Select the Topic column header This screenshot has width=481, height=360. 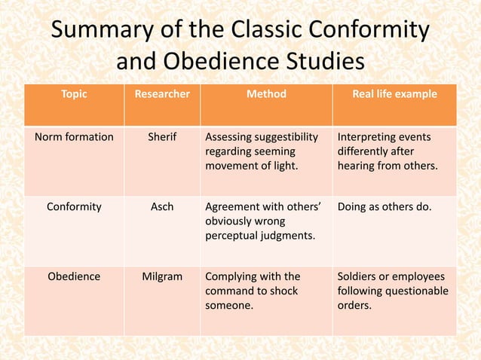point(74,94)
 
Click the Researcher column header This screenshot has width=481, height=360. point(162,94)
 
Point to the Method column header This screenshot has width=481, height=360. point(266,94)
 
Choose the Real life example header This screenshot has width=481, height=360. point(394,94)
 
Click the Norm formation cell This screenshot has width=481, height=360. point(75,137)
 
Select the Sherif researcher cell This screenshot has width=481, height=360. point(162,137)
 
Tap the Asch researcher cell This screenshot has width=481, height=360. point(162,207)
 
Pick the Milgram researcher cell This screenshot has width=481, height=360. point(162,276)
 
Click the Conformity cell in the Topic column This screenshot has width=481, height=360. point(75,207)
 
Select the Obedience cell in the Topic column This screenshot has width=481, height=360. point(74,276)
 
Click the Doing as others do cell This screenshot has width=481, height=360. point(384,207)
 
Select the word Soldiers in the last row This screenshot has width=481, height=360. point(360,276)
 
